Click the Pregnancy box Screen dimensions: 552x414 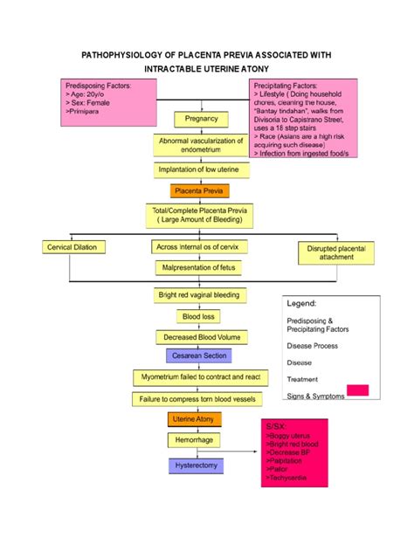pyautogui.click(x=202, y=119)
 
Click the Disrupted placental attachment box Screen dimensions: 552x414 pyautogui.click(x=336, y=252)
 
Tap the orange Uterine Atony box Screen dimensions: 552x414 pyautogui.click(x=193, y=420)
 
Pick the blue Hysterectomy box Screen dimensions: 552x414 pyautogui.click(x=193, y=466)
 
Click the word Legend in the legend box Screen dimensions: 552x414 pyautogui.click(x=302, y=302)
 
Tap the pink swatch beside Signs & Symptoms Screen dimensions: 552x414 pyautogui.click(x=357, y=390)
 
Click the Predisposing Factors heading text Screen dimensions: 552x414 pyautogui.click(x=98, y=86)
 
